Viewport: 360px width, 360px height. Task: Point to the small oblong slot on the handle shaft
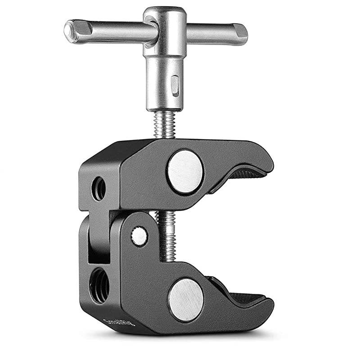pos(175,83)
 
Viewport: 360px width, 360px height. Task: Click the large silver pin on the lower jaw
pos(185,300)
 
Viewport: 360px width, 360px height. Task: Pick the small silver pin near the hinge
pos(139,236)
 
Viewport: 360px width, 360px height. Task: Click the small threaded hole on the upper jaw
pos(99,189)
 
